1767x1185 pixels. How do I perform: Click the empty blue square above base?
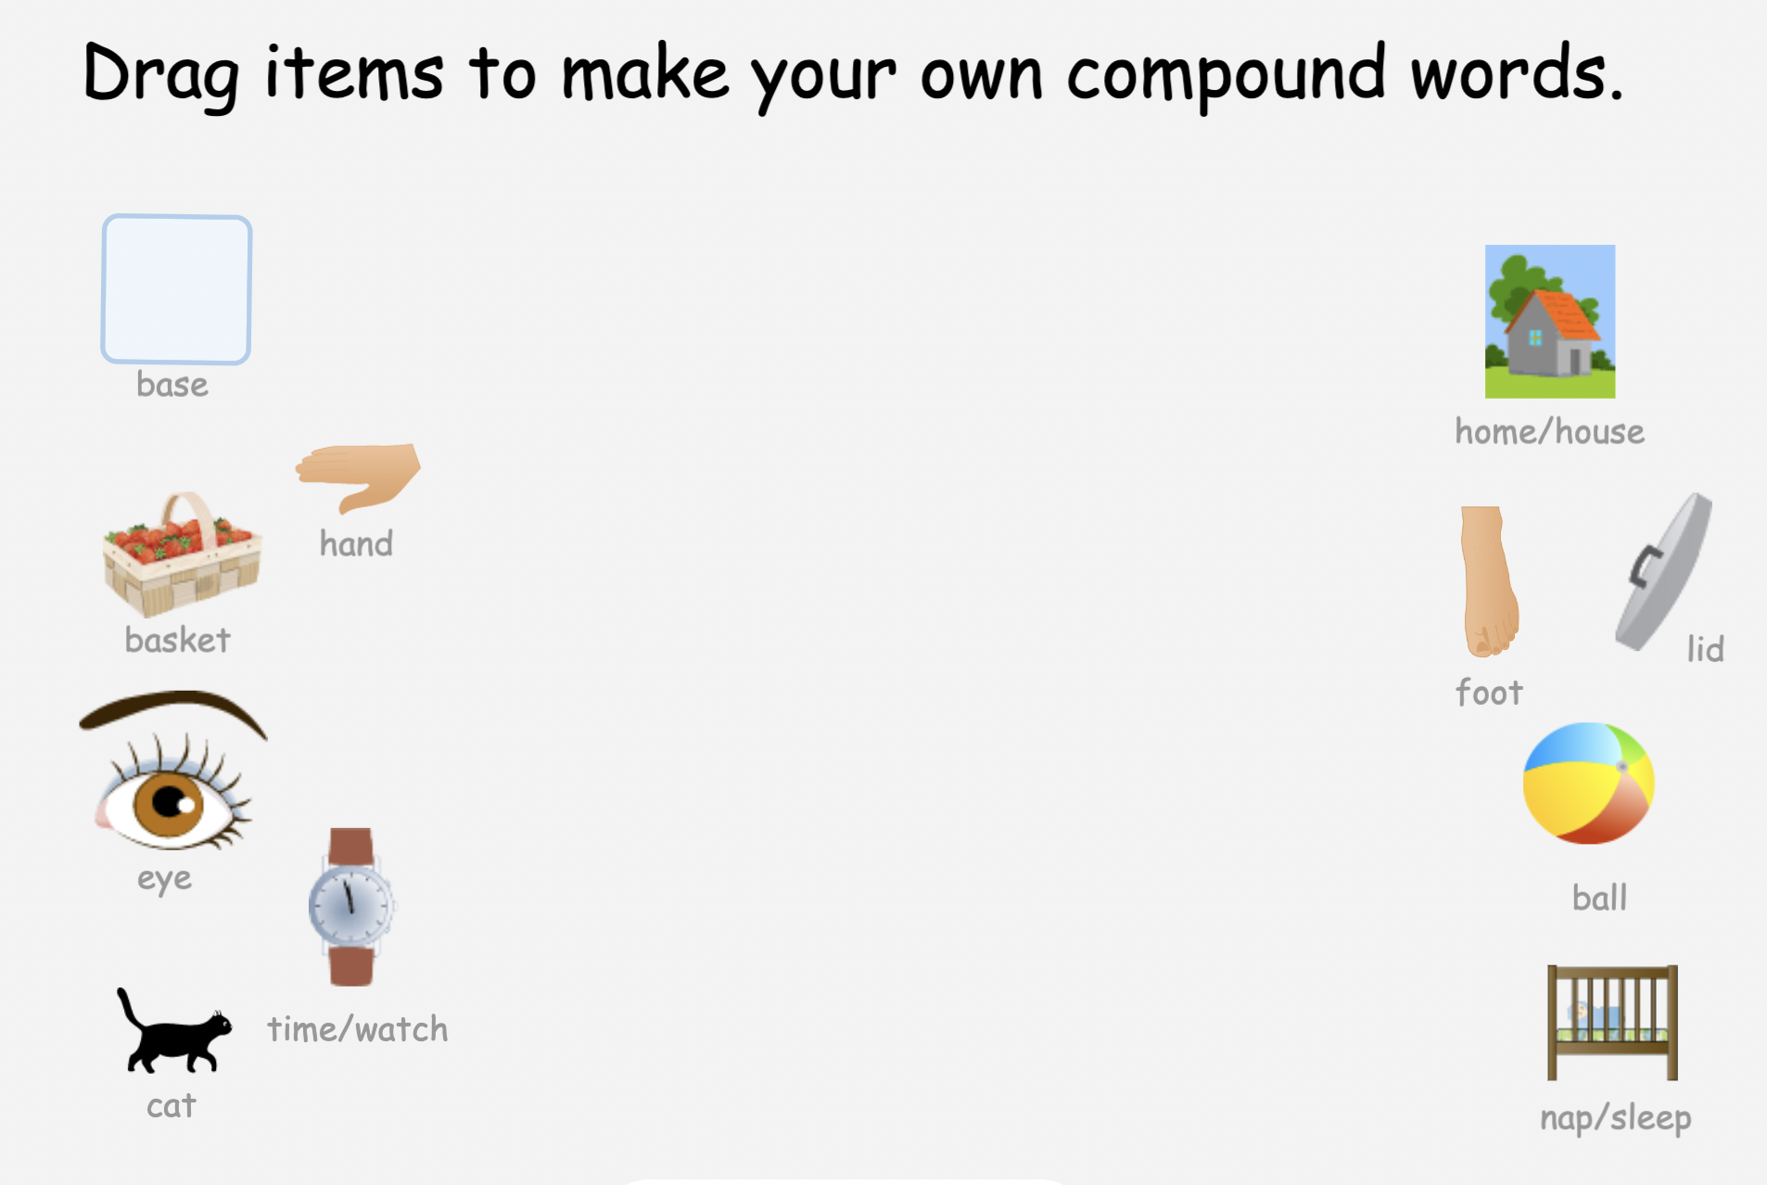click(x=176, y=289)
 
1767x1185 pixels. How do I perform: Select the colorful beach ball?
click(x=1588, y=784)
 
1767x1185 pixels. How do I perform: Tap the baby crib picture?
click(x=1612, y=1022)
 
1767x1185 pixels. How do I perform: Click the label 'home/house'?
click(x=1549, y=432)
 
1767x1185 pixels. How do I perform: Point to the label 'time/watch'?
click(x=357, y=1029)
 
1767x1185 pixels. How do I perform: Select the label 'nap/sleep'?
click(x=1615, y=1118)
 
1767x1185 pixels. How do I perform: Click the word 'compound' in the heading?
click(x=1226, y=74)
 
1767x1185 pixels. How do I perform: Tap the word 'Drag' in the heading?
click(x=160, y=74)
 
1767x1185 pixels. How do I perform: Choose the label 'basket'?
click(x=177, y=640)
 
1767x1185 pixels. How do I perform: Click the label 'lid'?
click(x=1705, y=649)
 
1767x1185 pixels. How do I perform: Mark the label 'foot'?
click(x=1489, y=693)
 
